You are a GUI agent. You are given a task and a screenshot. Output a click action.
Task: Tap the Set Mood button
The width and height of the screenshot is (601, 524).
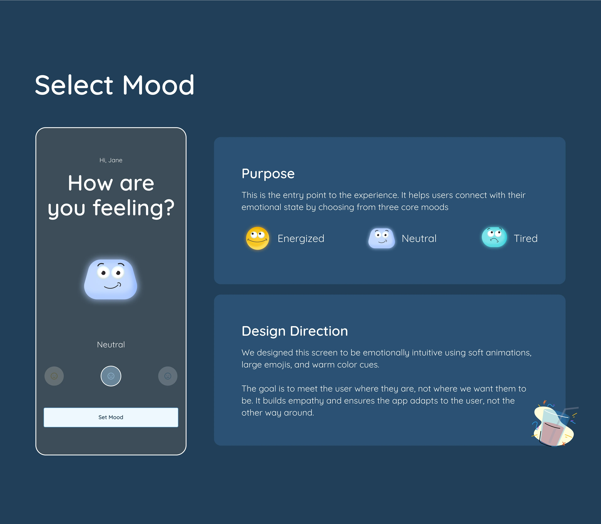pyautogui.click(x=111, y=417)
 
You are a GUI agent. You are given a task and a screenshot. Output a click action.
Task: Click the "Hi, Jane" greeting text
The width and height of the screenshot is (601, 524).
pyautogui.click(x=111, y=160)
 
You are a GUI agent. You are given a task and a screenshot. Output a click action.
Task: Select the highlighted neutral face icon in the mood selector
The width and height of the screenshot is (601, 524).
pyautogui.click(x=111, y=376)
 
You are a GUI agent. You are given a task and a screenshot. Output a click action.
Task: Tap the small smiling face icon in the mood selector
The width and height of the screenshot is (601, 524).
pyautogui.click(x=54, y=376)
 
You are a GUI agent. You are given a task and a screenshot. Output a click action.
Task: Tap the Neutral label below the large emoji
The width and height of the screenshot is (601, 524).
pyautogui.click(x=111, y=345)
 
